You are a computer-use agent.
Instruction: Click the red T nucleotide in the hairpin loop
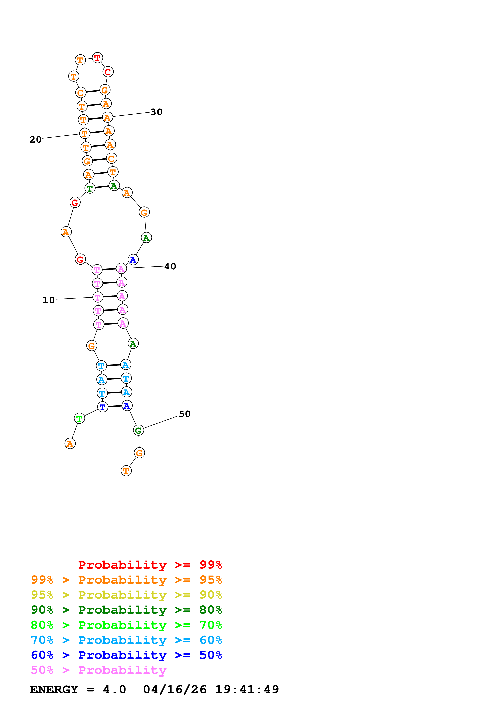pyautogui.click(x=97, y=58)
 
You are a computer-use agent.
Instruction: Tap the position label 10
pyautogui.click(x=48, y=300)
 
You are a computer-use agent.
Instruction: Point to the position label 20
pyautogui.click(x=35, y=140)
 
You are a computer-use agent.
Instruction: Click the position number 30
pyautogui.click(x=156, y=112)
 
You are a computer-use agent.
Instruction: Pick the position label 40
pyautogui.click(x=170, y=267)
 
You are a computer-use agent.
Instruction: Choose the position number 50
pyautogui.click(x=184, y=414)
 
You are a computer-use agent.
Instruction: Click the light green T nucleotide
pyautogui.click(x=79, y=418)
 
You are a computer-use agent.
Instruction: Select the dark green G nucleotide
pyautogui.click(x=138, y=430)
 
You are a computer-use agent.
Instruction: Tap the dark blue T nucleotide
pyautogui.click(x=103, y=407)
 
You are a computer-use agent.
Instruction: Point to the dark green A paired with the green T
pyautogui.click(x=114, y=186)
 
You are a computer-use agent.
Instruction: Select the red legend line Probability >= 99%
pyautogui.click(x=150, y=565)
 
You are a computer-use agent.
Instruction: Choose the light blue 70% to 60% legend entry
pyautogui.click(x=126, y=640)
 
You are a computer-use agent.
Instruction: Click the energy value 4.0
pyautogui.click(x=114, y=690)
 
